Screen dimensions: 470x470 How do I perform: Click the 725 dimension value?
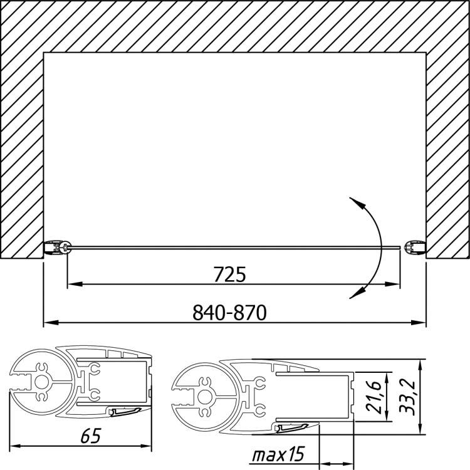coord(229,274)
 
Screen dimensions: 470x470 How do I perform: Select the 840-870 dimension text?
coord(229,312)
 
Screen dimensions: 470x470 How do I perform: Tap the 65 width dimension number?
coord(91,436)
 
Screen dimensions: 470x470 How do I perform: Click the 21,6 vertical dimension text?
coord(373,397)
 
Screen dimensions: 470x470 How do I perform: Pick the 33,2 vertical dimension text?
coord(407,397)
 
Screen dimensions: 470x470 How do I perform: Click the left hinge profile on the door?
coord(58,248)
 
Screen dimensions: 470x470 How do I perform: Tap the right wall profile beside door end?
coord(415,248)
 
